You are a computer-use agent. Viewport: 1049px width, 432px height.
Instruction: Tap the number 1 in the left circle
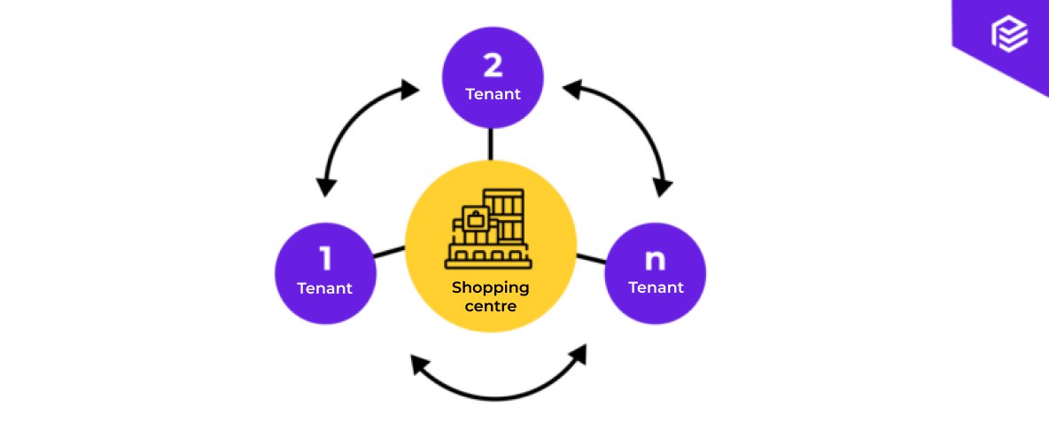[325, 259]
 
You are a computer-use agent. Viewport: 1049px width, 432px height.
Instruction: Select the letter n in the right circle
[655, 259]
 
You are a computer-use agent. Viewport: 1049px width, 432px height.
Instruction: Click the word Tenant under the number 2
[493, 94]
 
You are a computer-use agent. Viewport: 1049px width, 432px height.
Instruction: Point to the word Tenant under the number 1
[325, 287]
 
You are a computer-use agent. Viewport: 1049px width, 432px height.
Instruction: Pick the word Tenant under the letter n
[656, 287]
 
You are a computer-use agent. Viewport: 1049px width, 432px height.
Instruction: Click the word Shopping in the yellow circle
[490, 287]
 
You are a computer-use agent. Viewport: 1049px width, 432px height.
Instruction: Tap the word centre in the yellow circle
[490, 306]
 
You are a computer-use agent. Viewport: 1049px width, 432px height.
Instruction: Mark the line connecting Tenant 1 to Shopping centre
[390, 252]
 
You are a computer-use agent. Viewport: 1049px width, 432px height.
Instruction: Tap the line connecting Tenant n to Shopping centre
[591, 259]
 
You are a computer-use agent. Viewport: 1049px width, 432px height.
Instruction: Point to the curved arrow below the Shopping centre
[499, 395]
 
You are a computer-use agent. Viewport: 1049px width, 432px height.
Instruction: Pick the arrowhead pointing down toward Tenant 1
[326, 185]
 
